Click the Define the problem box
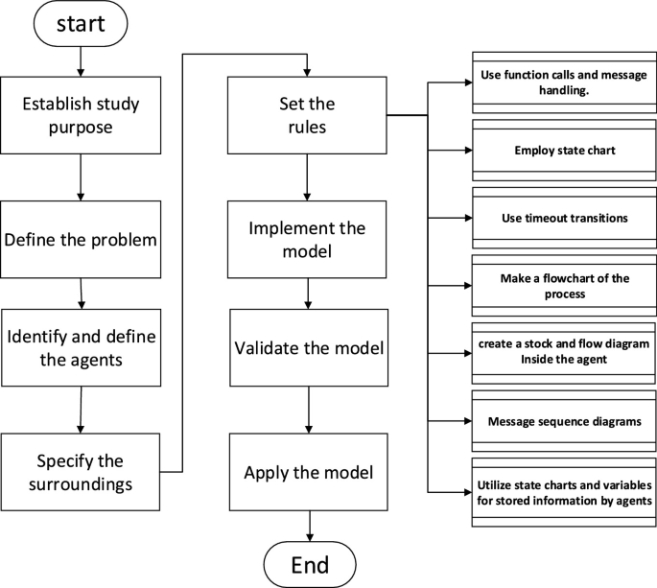point(81,238)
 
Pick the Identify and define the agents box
point(82,350)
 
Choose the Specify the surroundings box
point(81,470)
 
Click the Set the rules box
point(307,114)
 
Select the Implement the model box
point(307,241)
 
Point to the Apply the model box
point(308,472)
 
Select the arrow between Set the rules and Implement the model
point(307,176)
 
